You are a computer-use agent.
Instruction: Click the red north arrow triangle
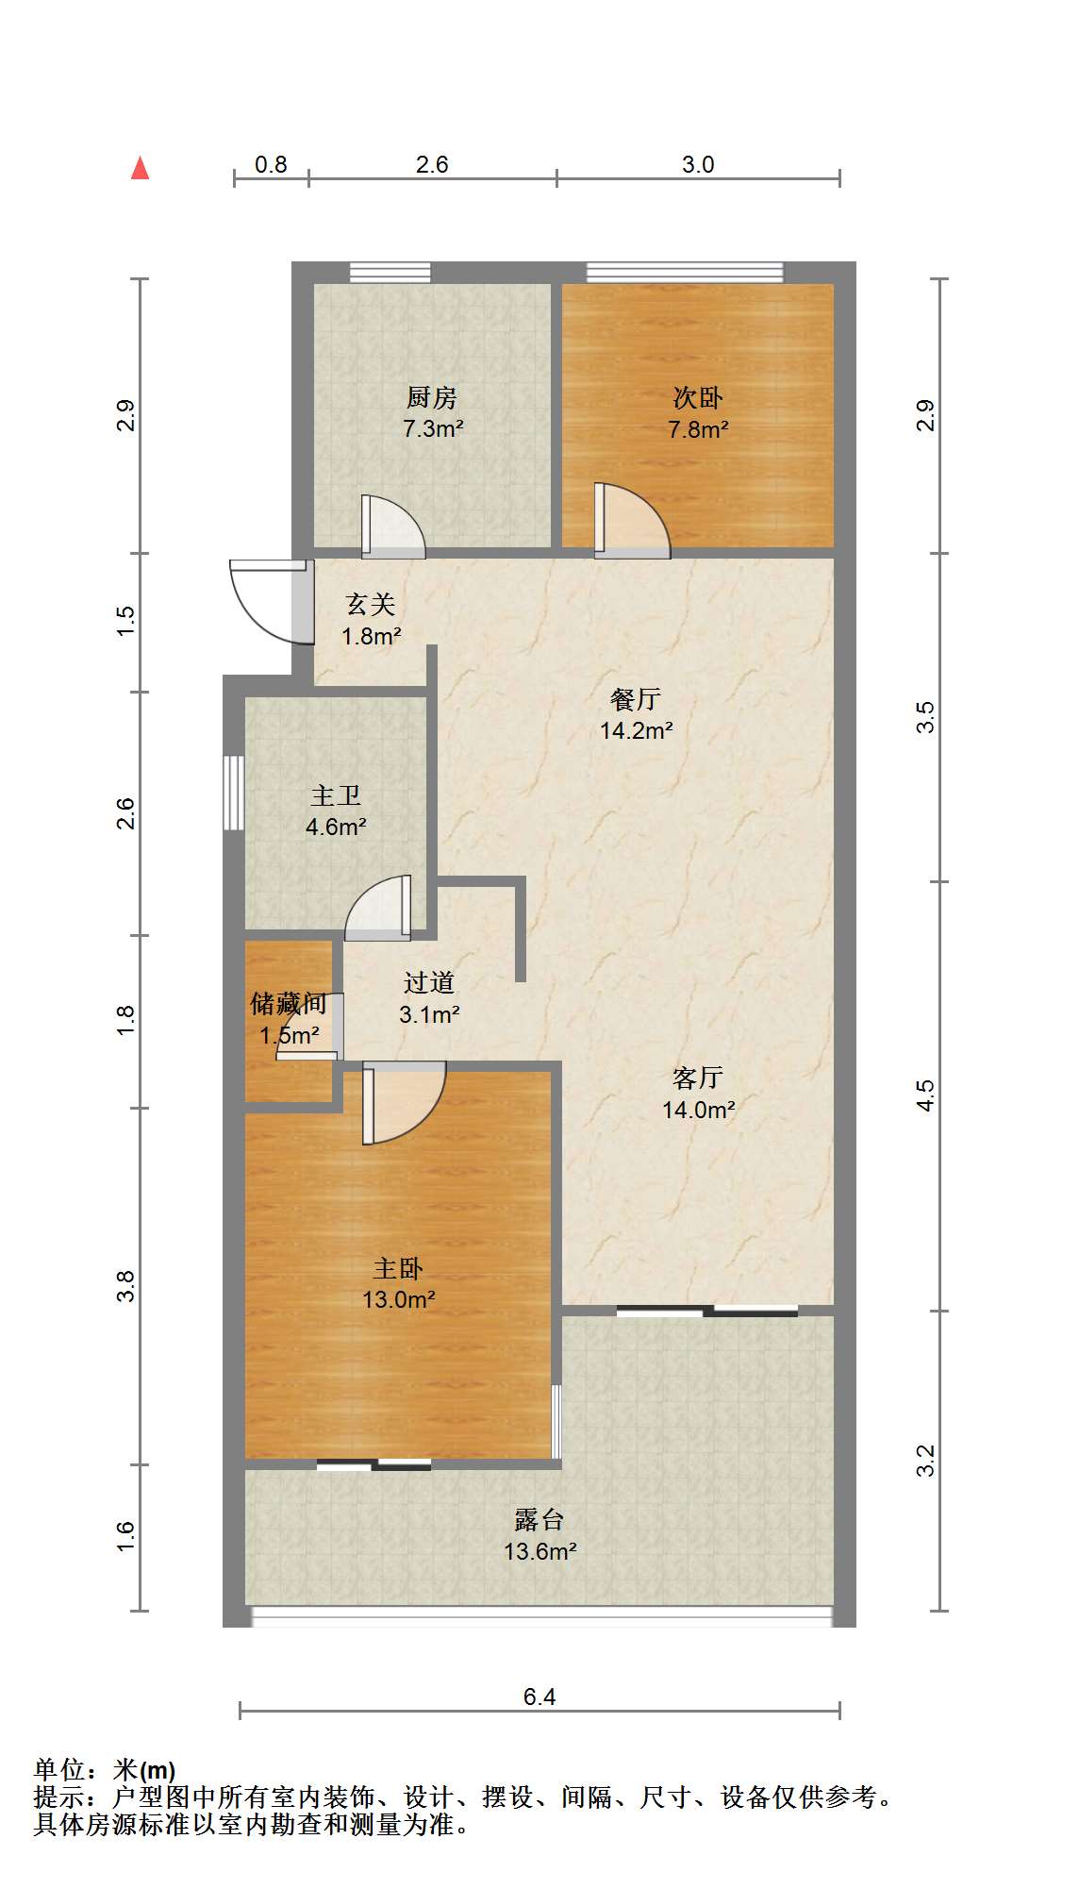[x=140, y=168]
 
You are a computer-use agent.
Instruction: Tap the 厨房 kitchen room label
[x=432, y=398]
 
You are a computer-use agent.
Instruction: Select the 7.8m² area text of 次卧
[x=698, y=429]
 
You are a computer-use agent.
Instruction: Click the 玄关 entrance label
[x=371, y=604]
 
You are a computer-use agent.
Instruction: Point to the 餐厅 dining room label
[x=636, y=699]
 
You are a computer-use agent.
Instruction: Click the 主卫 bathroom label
[x=336, y=795]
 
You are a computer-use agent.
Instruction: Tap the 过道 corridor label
[x=429, y=983]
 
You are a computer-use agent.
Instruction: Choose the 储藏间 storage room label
[x=289, y=1003]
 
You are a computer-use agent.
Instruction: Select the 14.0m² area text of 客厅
[x=699, y=1110]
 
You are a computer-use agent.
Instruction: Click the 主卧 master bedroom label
[x=398, y=1268]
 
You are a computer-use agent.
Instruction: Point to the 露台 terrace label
[x=539, y=1520]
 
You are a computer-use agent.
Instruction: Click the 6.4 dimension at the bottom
[x=539, y=1697]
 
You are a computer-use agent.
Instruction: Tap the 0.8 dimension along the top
[x=271, y=164]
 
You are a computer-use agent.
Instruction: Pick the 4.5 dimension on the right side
[x=925, y=1095]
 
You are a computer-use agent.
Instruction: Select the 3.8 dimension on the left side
[x=125, y=1286]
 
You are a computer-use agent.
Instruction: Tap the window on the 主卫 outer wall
[x=233, y=793]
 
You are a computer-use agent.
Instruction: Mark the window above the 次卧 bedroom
[x=685, y=273]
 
